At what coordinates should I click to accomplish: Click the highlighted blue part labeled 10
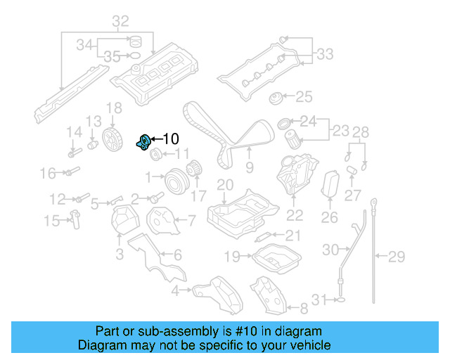[143, 141]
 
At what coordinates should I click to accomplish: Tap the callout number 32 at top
[120, 20]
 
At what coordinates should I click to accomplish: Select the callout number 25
[303, 96]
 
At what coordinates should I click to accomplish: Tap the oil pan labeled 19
[277, 259]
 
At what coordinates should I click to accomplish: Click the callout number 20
[224, 185]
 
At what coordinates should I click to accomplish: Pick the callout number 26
[330, 218]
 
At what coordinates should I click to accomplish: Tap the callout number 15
[52, 221]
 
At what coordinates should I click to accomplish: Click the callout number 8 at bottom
[304, 308]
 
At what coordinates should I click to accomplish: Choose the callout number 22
[295, 216]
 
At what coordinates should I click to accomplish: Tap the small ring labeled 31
[340, 300]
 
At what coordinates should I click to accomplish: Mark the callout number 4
[174, 290]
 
